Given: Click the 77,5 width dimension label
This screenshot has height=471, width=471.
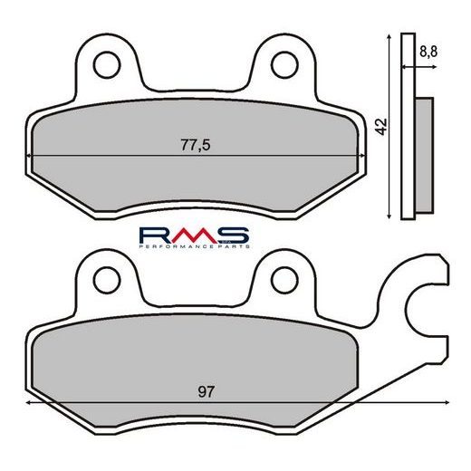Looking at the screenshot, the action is click(x=196, y=145).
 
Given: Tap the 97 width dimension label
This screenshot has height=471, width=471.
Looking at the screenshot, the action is click(x=207, y=392).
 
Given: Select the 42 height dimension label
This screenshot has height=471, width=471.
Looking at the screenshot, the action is click(x=381, y=126).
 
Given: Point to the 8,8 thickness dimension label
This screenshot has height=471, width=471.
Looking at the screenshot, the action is click(x=428, y=52).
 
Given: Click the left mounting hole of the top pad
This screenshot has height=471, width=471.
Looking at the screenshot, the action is click(x=107, y=65).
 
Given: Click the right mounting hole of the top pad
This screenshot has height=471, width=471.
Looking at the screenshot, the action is click(x=284, y=65).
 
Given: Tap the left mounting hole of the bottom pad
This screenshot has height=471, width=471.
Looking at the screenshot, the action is click(x=107, y=280).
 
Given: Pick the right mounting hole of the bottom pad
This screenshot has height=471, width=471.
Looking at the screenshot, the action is click(x=284, y=280).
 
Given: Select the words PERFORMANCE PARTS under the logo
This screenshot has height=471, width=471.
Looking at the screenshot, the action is click(x=195, y=246).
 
